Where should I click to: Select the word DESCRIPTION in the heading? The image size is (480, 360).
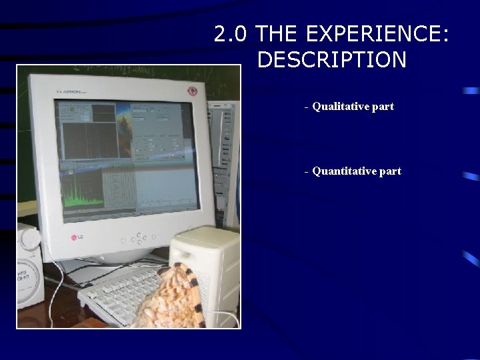[331, 60]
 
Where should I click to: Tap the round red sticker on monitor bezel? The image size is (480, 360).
[193, 91]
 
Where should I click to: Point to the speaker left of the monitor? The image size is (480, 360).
[29, 267]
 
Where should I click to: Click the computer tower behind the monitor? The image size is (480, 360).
[223, 153]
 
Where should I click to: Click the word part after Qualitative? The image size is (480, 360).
[383, 106]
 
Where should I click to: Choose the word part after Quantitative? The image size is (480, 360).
[390, 171]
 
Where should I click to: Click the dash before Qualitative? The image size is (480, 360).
[306, 107]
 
